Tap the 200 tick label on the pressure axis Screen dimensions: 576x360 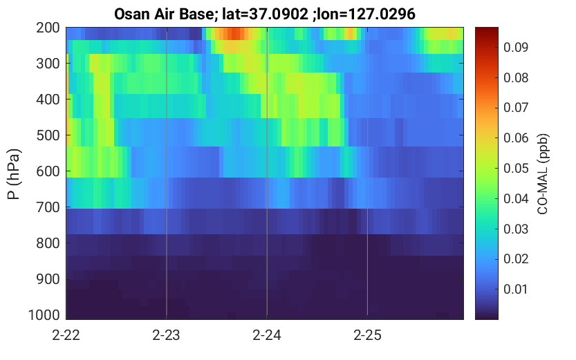click(x=48, y=28)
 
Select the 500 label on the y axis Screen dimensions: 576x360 click(x=48, y=135)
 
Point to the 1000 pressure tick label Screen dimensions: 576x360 click(x=44, y=315)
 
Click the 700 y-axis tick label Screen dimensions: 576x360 click(x=48, y=207)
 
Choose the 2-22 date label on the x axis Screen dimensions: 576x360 click(x=66, y=335)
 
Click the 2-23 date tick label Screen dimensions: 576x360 click(x=167, y=335)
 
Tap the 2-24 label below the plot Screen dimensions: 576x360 click(x=267, y=335)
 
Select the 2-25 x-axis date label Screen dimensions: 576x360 click(x=367, y=335)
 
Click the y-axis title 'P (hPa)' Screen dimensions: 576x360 click(x=14, y=173)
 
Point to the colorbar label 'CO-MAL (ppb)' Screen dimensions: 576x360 click(x=542, y=173)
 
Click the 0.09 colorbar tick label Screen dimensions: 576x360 click(x=516, y=48)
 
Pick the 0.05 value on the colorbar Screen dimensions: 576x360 click(x=516, y=168)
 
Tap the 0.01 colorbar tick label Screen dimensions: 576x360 click(x=516, y=289)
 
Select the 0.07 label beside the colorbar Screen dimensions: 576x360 click(x=516, y=108)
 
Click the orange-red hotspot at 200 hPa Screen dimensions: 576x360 click(x=233, y=34)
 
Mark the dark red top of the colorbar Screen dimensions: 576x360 click(x=487, y=30)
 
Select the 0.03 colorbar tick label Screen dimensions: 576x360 click(x=516, y=229)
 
